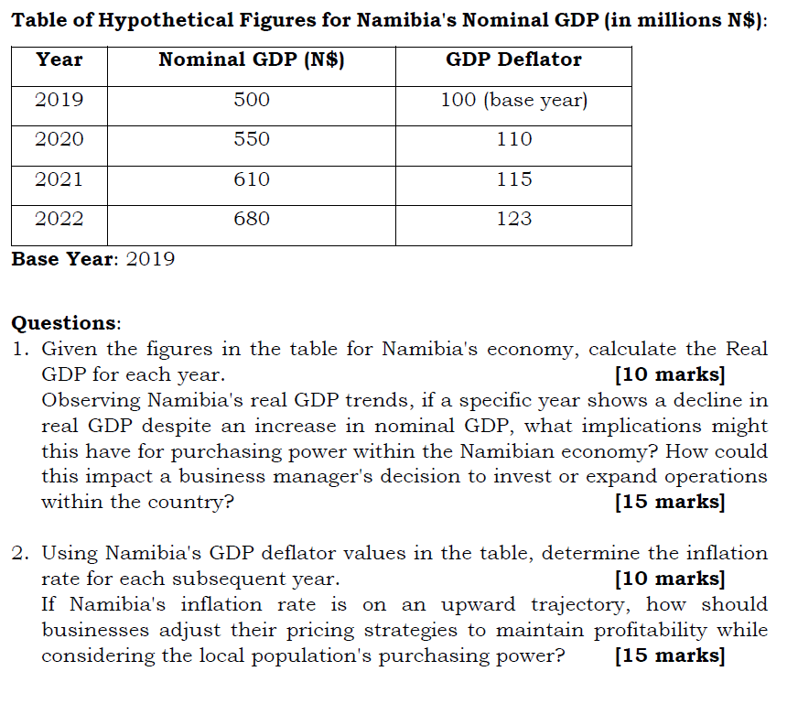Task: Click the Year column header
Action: click(x=59, y=60)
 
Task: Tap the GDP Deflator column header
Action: click(x=513, y=60)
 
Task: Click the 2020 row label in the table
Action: click(x=59, y=139)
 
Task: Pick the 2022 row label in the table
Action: click(x=59, y=219)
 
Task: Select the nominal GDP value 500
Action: click(x=252, y=100)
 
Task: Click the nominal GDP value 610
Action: click(x=252, y=179)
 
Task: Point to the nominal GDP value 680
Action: click(x=252, y=219)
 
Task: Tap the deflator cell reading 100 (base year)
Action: click(x=513, y=100)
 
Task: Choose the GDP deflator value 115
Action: click(x=513, y=179)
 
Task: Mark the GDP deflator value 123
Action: click(x=513, y=219)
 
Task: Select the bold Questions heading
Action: click(x=65, y=323)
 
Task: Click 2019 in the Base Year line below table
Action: click(x=150, y=259)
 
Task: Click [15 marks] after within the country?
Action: click(x=670, y=502)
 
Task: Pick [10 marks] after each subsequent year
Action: click(x=670, y=579)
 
